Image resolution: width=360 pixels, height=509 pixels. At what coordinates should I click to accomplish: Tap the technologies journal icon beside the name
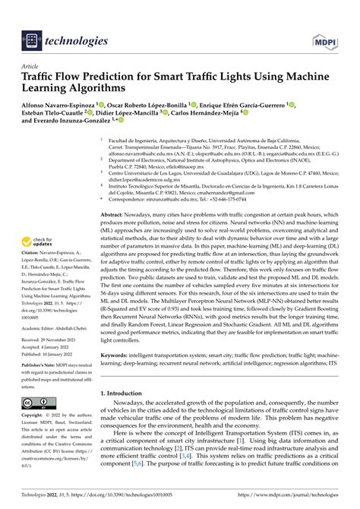pyautogui.click(x=33, y=39)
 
